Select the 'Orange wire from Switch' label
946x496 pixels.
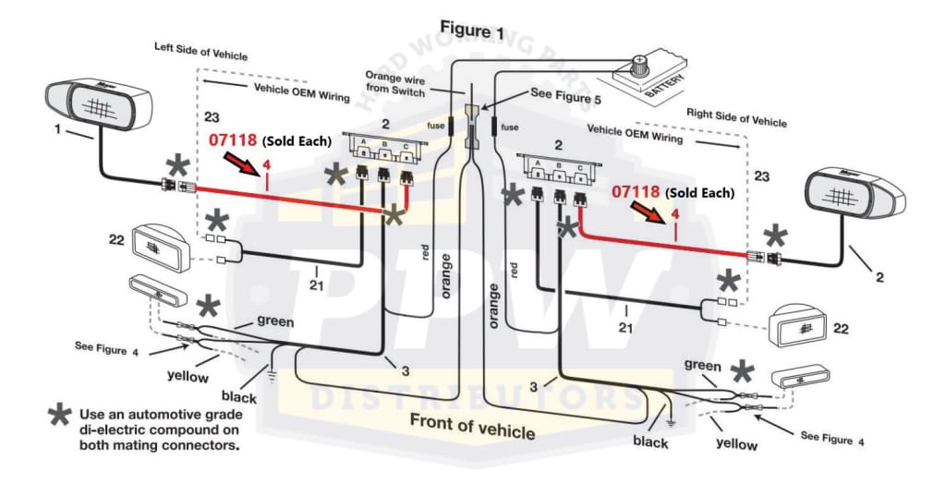(x=395, y=84)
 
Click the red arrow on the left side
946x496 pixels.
(x=242, y=166)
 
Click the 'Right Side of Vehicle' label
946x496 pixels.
(x=736, y=117)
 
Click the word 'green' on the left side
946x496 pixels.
(x=275, y=321)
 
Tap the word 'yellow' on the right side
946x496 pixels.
(x=736, y=444)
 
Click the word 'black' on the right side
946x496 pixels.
(x=650, y=442)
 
